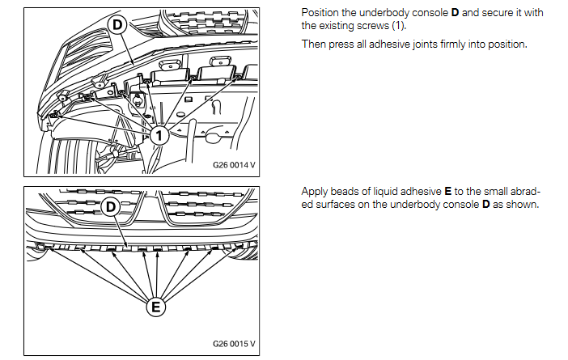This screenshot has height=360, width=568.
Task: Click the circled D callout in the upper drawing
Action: pos(117,25)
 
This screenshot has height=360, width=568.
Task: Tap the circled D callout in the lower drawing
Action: pos(112,207)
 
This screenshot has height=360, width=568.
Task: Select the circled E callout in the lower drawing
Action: pos(155,307)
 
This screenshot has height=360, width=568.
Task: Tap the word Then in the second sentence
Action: pos(314,44)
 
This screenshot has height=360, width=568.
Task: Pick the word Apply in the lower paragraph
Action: pos(314,192)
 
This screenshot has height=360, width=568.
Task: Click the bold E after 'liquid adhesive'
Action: pos(448,192)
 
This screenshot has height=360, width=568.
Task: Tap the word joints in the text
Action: pos(419,44)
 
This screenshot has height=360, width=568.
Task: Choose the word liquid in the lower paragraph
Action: pos(385,192)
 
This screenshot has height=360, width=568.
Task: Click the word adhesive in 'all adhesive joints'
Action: pos(381,44)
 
